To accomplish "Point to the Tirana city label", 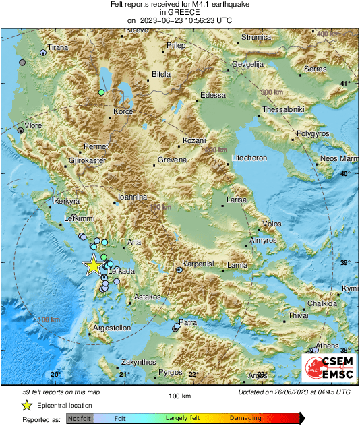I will (x=57, y=48).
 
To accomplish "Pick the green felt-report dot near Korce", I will (x=101, y=92).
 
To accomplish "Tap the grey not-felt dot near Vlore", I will (x=21, y=131).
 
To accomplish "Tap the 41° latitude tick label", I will (x=346, y=83).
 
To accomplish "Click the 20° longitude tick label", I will (x=56, y=374).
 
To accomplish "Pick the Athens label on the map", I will (x=328, y=346).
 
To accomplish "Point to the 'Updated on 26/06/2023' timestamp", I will (x=294, y=392).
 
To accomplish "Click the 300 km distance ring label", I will (x=272, y=92).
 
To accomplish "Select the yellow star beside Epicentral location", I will (x=26, y=406).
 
